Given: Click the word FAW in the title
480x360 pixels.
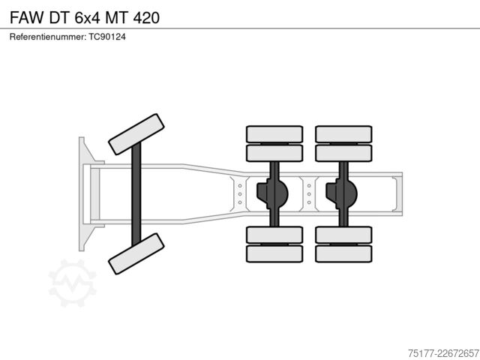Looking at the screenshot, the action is (x=27, y=17).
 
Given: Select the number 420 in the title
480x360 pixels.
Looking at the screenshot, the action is (x=146, y=17).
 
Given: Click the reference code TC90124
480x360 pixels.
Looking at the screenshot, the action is (x=107, y=37).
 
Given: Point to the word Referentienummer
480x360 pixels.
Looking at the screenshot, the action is (x=48, y=37).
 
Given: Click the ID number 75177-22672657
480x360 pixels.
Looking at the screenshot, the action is (x=443, y=353).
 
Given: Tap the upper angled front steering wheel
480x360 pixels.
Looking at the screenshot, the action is (x=136, y=134).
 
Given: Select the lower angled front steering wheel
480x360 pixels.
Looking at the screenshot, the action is (x=136, y=253).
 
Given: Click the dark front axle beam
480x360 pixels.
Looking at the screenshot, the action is (x=136, y=194).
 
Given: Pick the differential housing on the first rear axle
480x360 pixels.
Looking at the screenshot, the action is (x=272, y=194).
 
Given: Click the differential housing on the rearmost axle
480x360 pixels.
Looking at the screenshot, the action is (x=341, y=194).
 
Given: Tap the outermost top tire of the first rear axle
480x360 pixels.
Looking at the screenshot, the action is (x=274, y=134).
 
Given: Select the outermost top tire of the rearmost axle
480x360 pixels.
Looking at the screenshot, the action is (x=343, y=134).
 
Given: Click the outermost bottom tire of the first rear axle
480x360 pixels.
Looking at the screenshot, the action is (x=274, y=253).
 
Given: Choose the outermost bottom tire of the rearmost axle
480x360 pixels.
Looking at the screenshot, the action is (x=343, y=253).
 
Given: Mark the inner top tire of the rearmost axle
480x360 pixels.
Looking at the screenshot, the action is (x=343, y=153).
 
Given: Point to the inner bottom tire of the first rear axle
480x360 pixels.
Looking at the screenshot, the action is (x=274, y=235).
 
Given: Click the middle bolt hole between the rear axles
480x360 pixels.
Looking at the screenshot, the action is (x=309, y=194).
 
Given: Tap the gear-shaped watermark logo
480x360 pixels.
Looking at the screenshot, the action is (x=73, y=283).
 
